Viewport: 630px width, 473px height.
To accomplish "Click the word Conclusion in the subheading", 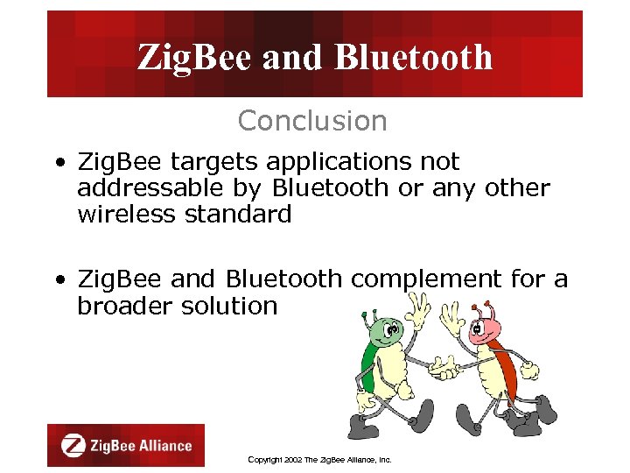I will tap(311, 121).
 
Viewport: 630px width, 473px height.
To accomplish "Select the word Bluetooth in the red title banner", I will tap(414, 58).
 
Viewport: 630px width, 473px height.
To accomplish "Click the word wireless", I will tap(128, 215).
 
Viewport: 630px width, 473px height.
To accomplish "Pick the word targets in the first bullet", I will tap(209, 162).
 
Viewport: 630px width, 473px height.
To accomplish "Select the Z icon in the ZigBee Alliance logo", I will tap(73, 445).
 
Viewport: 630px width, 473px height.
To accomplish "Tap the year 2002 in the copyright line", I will tap(292, 459).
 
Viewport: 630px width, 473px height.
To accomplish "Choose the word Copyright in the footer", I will tap(265, 459).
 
